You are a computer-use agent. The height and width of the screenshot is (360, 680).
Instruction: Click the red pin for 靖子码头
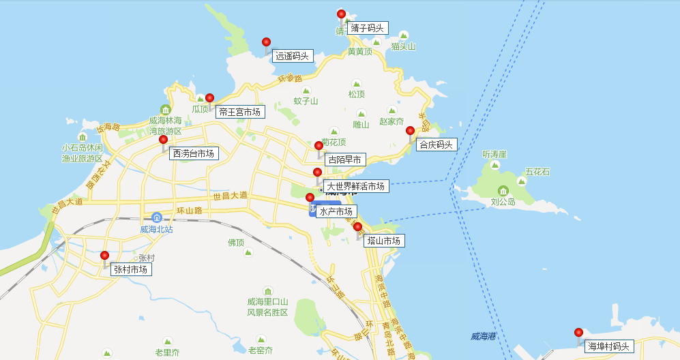[341, 14]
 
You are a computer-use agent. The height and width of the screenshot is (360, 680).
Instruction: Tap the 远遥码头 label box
[292, 56]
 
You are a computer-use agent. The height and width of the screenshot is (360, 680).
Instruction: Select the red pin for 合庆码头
[410, 131]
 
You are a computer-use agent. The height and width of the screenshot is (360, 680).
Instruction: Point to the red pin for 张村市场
[104, 256]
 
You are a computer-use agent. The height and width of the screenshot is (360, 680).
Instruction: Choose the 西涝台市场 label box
[194, 153]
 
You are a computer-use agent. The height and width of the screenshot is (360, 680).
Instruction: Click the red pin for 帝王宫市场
[209, 98]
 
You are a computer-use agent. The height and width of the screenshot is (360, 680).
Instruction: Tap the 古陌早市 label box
[345, 160]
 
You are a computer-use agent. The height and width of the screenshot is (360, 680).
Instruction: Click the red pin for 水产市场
[310, 198]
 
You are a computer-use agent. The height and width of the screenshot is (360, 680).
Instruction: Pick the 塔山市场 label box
[384, 241]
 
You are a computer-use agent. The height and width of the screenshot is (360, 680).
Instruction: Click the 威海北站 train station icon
[157, 217]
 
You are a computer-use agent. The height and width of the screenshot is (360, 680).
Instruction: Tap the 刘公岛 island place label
[503, 202]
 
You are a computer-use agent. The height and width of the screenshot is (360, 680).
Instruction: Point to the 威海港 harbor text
[483, 336]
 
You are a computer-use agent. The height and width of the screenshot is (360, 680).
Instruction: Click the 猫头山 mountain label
[403, 46]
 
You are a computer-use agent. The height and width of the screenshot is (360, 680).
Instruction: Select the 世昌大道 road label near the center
[230, 196]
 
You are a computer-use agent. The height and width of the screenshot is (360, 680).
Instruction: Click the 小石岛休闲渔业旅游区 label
[82, 153]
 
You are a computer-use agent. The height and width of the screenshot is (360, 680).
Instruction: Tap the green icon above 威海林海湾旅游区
[165, 110]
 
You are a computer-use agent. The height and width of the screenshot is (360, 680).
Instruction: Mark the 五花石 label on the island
[537, 172]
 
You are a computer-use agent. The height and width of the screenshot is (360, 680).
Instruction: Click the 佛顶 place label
[236, 242]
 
